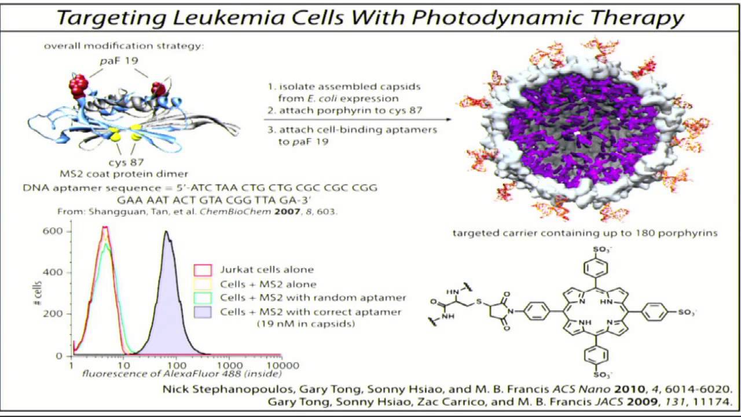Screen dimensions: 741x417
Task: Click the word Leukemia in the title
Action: [228, 17]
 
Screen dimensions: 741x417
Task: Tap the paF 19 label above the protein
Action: [119, 61]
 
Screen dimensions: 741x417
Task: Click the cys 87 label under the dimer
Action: [126, 162]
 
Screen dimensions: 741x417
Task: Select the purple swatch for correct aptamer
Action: [203, 312]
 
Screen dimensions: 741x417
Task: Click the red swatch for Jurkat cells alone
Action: [203, 270]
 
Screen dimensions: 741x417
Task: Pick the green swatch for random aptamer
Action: [203, 298]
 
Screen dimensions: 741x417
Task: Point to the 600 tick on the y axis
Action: [53, 231]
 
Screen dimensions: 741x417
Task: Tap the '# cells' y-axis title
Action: [38, 293]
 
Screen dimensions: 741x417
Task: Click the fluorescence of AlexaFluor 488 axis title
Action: [182, 374]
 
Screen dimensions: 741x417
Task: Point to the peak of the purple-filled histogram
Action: [166, 232]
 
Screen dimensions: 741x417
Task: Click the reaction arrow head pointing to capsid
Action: [449, 119]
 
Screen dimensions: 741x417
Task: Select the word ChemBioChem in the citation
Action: [235, 211]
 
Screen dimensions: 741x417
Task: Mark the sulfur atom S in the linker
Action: [479, 302]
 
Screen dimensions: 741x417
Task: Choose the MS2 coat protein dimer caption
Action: [124, 174]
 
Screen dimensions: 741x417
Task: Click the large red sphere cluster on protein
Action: [78, 86]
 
